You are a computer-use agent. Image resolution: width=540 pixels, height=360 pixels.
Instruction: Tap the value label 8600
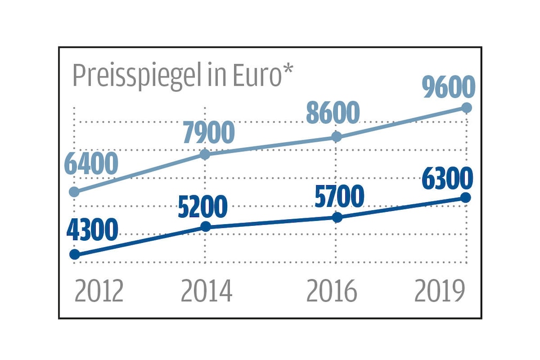[x=333, y=113]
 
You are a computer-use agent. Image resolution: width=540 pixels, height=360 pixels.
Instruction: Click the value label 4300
[x=92, y=230]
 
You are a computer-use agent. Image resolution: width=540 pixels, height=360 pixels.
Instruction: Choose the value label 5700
[x=339, y=196]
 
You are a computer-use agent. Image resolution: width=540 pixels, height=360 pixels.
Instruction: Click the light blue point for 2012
[x=75, y=192]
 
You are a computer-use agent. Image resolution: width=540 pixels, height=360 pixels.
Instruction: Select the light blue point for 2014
[x=205, y=155]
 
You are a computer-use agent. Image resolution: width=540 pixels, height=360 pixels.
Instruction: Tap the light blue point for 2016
[x=336, y=137]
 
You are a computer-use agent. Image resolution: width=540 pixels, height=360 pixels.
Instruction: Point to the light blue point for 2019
[x=466, y=108]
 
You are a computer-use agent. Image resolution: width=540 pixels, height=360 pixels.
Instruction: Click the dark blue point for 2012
[x=75, y=255]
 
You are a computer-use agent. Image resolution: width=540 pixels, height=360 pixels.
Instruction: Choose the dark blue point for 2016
[x=337, y=217]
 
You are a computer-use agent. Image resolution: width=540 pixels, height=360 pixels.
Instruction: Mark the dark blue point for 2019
[x=466, y=197]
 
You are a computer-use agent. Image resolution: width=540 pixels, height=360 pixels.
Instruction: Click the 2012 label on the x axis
[x=99, y=292]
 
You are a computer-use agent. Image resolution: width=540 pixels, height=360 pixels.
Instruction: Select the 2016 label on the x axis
[x=331, y=292]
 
